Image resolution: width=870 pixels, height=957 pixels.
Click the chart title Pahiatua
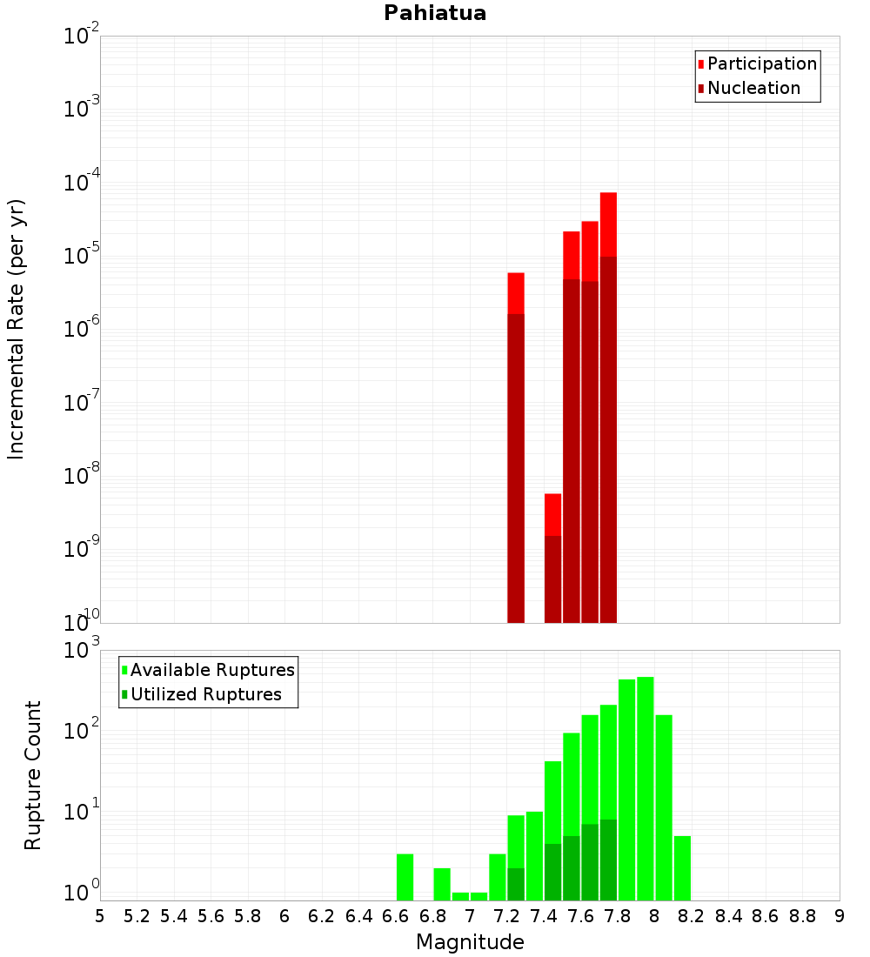click(435, 13)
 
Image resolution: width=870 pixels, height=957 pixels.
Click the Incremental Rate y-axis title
click(17, 329)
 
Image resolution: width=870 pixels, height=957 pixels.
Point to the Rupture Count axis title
click(33, 775)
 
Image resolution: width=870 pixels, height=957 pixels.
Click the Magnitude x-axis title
click(470, 942)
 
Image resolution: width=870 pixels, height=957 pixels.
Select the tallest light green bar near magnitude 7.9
click(645, 783)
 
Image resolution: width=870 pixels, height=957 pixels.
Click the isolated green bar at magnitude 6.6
click(405, 877)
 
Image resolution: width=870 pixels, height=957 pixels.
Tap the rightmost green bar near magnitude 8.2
click(682, 867)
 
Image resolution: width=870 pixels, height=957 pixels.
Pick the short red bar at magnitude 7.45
click(552, 513)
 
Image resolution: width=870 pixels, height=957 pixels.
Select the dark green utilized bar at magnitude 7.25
click(516, 883)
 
